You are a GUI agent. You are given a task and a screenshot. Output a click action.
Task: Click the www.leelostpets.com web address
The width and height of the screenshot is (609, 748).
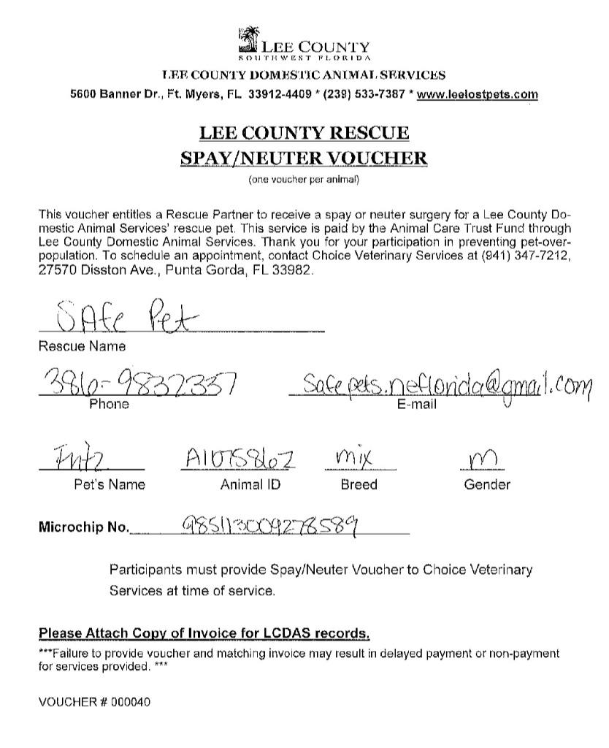click(477, 94)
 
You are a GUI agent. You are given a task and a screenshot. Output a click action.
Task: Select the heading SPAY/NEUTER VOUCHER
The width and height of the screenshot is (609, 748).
click(304, 158)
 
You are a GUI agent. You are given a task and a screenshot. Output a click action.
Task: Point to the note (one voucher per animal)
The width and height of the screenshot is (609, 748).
click(304, 179)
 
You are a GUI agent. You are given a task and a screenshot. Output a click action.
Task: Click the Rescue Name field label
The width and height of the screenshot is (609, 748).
click(81, 346)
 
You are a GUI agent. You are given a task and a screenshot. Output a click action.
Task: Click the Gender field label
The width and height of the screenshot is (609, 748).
click(487, 484)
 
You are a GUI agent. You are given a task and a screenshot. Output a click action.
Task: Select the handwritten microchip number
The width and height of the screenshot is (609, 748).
click(269, 524)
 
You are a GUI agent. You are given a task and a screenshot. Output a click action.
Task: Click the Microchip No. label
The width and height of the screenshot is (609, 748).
click(83, 527)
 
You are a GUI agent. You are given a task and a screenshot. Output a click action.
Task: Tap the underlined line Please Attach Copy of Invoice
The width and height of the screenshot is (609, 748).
click(204, 633)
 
